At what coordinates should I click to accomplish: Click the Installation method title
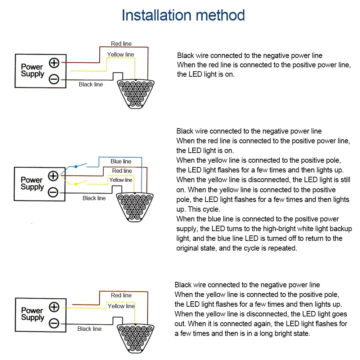tap(183, 15)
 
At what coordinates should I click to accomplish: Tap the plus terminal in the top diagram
tap(54, 63)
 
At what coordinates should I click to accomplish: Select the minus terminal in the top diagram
tap(54, 79)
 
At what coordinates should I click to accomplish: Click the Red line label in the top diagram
tap(121, 44)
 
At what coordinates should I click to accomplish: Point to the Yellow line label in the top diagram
tap(121, 54)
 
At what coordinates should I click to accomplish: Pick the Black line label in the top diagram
tap(91, 84)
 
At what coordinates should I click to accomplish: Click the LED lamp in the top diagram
tap(135, 93)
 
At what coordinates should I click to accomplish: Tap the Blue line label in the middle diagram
tap(121, 161)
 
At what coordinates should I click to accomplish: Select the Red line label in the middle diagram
tap(122, 171)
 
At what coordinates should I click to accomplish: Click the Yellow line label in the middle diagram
tap(121, 180)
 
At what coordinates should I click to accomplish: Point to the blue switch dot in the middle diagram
tap(76, 167)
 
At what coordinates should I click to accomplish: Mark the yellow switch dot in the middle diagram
tap(76, 184)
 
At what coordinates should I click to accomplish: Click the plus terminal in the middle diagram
tap(53, 176)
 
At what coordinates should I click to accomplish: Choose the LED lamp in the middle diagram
tap(135, 206)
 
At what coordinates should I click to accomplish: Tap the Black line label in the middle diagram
tap(94, 198)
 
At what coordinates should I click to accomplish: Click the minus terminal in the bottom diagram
tap(54, 323)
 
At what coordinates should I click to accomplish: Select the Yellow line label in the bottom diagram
tap(121, 306)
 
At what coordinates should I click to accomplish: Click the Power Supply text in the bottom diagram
tap(32, 314)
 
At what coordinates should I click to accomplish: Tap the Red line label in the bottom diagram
tap(121, 295)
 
